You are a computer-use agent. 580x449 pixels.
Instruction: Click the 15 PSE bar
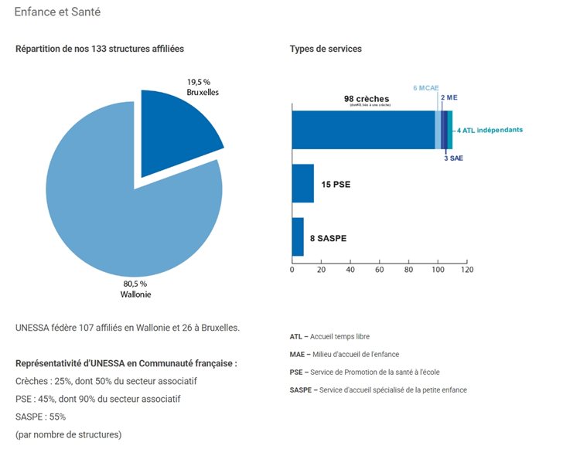[x=302, y=183]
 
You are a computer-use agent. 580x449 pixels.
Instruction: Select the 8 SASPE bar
[x=298, y=236]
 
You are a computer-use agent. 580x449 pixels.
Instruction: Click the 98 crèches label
[x=367, y=99]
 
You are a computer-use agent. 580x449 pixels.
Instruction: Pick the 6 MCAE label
[x=425, y=88]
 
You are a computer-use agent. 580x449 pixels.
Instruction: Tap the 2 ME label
[x=448, y=98]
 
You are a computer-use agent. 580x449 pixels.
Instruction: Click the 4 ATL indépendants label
[x=491, y=130]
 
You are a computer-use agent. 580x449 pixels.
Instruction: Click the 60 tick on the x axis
[x=380, y=270]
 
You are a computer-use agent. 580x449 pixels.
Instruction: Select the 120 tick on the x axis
[x=467, y=270]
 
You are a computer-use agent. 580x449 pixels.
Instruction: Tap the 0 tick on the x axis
[x=292, y=270]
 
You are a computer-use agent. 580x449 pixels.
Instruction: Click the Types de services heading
[x=326, y=49]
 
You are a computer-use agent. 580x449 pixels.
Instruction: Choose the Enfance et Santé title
[x=57, y=12]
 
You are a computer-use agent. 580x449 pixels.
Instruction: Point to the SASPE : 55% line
[x=41, y=416]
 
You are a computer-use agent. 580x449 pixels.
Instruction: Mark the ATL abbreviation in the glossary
[x=295, y=336]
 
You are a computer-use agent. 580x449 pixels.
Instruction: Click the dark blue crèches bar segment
[x=363, y=129]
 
